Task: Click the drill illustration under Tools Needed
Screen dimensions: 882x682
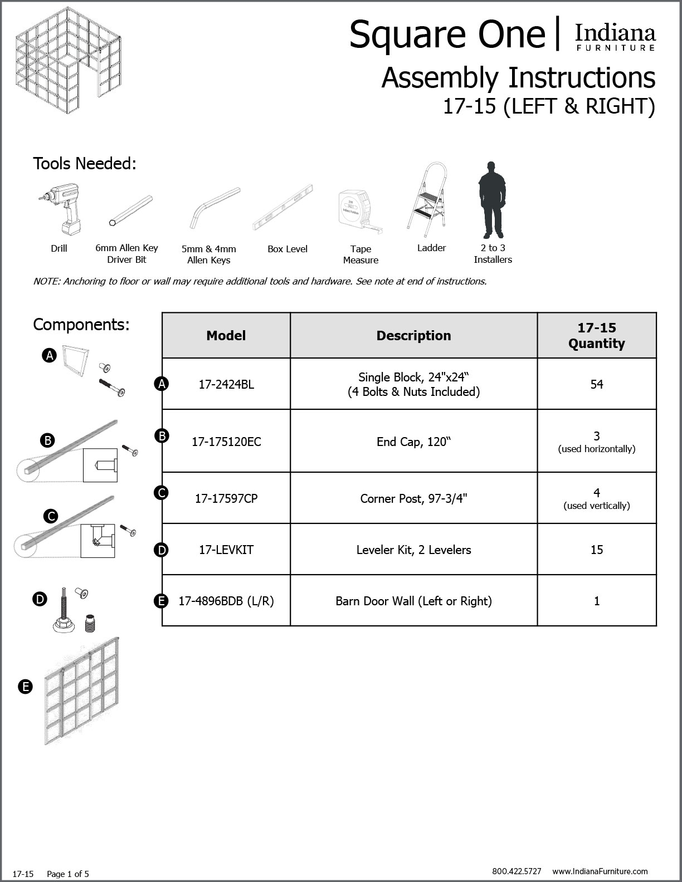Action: coord(59,209)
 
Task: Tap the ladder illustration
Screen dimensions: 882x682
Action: coord(427,198)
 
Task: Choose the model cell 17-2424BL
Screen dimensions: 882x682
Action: coord(226,384)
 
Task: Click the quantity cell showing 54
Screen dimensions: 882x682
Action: coord(596,384)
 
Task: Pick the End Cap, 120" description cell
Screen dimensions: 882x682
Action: coord(413,442)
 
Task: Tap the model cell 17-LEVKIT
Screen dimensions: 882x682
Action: coord(226,550)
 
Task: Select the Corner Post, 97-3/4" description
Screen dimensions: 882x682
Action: coord(413,498)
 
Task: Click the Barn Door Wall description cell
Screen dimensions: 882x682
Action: coord(413,601)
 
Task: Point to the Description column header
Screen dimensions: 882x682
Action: coord(413,336)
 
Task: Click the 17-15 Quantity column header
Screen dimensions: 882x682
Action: coord(596,336)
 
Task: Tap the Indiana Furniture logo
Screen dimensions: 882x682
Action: coord(615,37)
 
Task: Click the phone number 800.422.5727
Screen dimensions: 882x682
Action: coord(517,871)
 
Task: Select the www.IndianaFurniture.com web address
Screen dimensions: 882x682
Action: coord(600,871)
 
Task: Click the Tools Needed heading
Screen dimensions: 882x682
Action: coord(85,164)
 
